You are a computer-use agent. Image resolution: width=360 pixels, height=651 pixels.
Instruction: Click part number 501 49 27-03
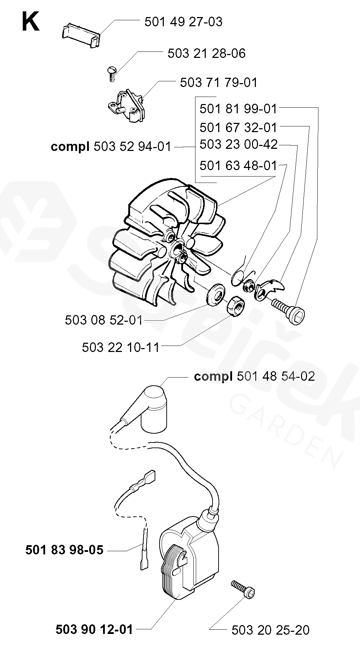click(183, 22)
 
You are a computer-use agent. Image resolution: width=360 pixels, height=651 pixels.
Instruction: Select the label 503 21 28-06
click(206, 54)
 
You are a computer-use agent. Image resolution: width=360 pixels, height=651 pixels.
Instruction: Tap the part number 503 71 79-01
click(219, 83)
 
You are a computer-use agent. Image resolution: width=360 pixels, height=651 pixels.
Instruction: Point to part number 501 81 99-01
click(238, 109)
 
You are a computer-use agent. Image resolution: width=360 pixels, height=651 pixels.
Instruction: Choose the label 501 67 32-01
click(238, 127)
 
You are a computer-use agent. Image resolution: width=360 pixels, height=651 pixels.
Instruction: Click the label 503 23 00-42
click(238, 145)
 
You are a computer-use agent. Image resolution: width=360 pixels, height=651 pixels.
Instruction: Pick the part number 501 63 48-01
click(238, 166)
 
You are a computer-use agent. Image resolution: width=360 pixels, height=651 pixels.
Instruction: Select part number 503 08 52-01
click(103, 320)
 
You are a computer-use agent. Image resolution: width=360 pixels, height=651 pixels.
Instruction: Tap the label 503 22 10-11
click(121, 347)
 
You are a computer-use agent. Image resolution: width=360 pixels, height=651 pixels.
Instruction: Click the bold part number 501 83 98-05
click(64, 550)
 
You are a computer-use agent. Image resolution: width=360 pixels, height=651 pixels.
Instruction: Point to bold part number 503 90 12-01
click(94, 630)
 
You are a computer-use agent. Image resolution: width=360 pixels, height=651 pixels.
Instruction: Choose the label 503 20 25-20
click(270, 630)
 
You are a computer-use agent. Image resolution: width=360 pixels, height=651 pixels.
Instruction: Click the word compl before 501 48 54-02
click(213, 376)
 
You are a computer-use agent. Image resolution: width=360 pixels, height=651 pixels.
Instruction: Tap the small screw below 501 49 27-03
click(111, 74)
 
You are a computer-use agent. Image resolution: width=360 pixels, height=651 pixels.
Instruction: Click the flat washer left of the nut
click(216, 294)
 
